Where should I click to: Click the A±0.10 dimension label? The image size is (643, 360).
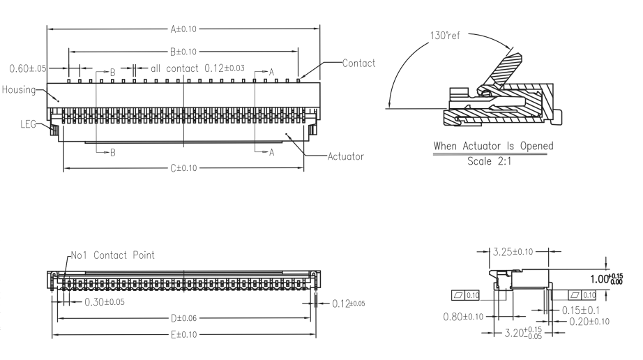tap(183, 29)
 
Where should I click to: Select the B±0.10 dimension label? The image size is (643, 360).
tap(183, 52)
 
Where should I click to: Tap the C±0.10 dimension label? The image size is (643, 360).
tap(183, 168)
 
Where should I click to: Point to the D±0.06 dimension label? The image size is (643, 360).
tap(184, 318)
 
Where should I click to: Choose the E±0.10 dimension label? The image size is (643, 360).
tap(183, 335)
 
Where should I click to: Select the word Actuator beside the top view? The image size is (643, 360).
tap(345, 156)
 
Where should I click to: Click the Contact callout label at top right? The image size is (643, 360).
tap(358, 63)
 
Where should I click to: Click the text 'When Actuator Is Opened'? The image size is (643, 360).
tap(493, 146)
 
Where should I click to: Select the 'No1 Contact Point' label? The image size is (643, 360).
tap(112, 255)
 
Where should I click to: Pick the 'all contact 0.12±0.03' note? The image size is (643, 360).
tap(197, 68)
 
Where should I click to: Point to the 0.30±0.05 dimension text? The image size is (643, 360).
tap(105, 302)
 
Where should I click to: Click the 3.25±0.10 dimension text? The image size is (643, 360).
tap(519, 250)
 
